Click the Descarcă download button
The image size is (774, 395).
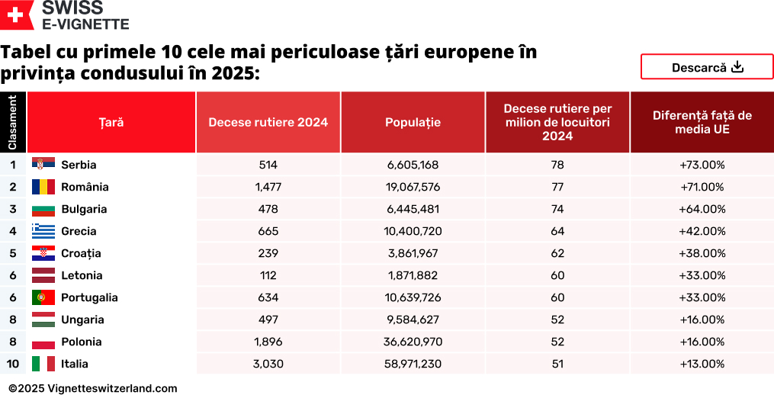(x=707, y=67)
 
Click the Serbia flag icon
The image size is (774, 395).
(x=43, y=164)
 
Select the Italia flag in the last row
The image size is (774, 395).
(x=43, y=364)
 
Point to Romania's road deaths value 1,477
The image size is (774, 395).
(x=268, y=187)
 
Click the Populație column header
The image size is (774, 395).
(x=413, y=122)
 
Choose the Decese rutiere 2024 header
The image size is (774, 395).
(x=268, y=122)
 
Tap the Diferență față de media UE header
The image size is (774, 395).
(x=702, y=122)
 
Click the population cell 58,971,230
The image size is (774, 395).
(x=413, y=364)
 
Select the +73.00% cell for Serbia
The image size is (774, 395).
(x=702, y=165)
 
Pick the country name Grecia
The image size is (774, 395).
(x=79, y=231)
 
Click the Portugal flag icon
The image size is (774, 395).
(x=43, y=297)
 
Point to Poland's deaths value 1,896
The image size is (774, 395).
(x=268, y=342)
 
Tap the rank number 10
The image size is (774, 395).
(x=13, y=364)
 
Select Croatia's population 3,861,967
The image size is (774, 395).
(x=413, y=253)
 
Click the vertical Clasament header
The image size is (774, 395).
(x=13, y=122)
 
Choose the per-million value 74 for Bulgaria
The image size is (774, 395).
(x=557, y=209)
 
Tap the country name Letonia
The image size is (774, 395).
(x=82, y=275)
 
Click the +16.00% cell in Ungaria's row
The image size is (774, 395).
(x=702, y=320)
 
